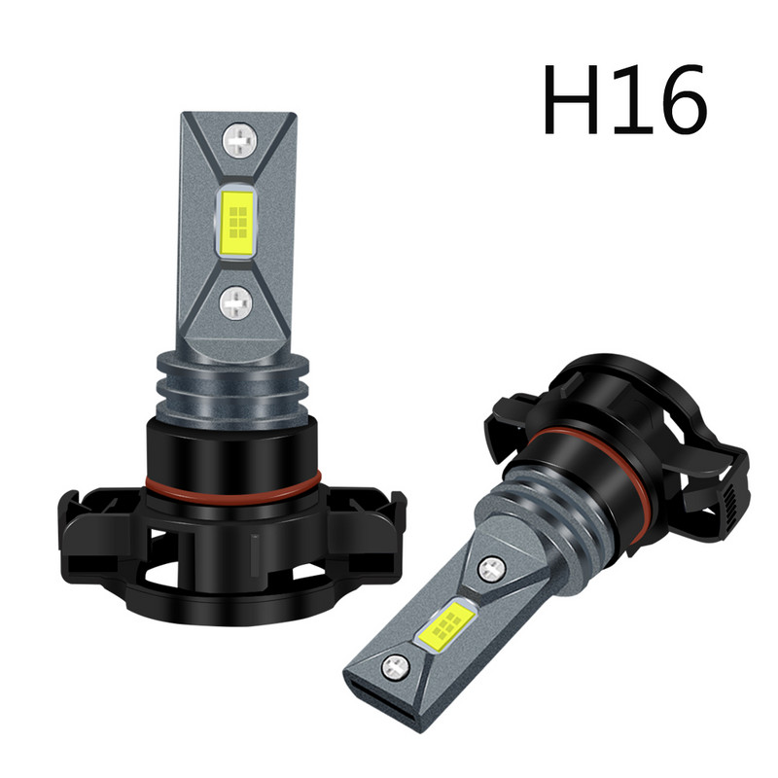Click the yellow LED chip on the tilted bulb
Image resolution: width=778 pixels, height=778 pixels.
[x=448, y=623]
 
